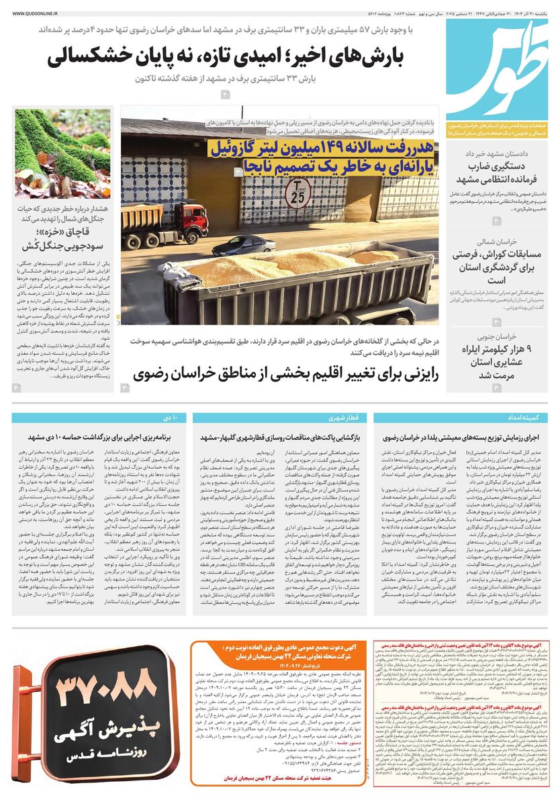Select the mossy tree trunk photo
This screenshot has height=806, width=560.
(x=62, y=152)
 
